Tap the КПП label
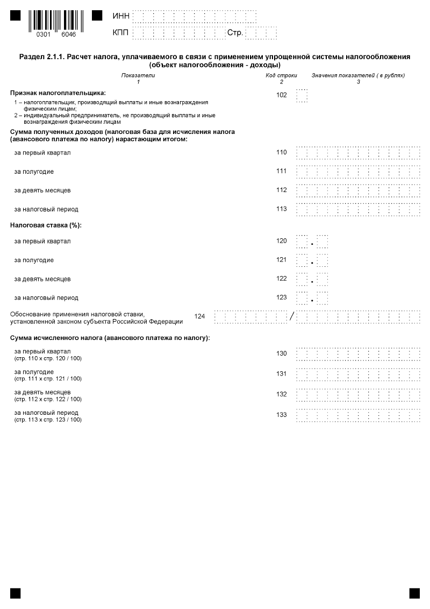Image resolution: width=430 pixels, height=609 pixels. (x=121, y=33)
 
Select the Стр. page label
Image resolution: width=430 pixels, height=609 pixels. (x=235, y=33)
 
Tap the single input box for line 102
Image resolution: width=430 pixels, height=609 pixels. (x=302, y=96)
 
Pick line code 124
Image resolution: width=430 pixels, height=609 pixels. (x=200, y=316)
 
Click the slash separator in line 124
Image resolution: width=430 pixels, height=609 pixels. (x=292, y=316)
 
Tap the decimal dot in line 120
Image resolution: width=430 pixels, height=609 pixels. (x=312, y=244)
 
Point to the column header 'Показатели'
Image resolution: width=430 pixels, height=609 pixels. (x=138, y=75)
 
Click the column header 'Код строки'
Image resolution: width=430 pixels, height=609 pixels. (x=281, y=75)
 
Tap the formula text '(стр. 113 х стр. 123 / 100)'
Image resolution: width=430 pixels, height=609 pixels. (x=48, y=420)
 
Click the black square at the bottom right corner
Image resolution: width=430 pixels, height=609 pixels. (x=414, y=593)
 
